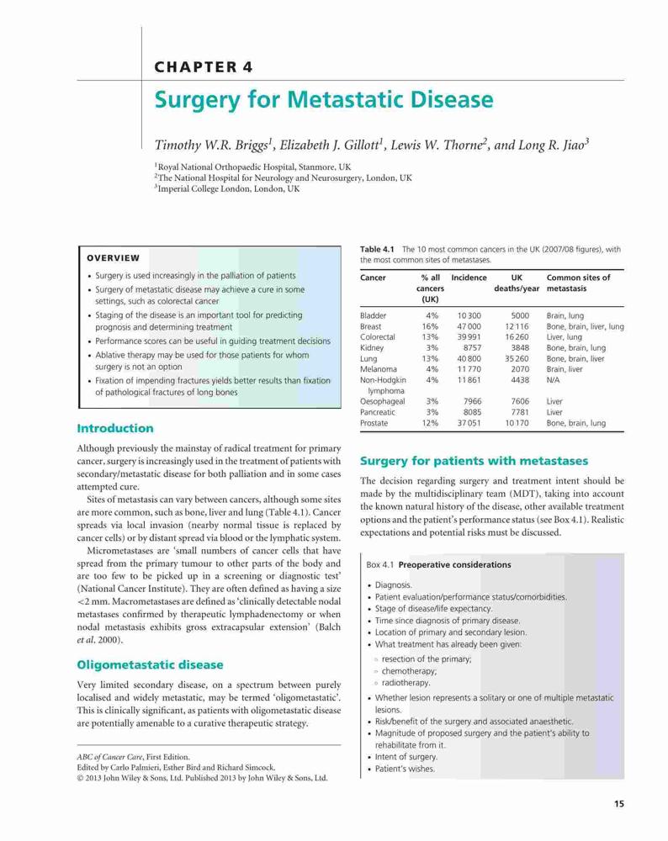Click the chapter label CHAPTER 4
[x=204, y=67]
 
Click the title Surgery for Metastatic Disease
[x=324, y=100]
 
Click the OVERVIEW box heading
[x=114, y=258]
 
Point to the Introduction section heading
[x=114, y=428]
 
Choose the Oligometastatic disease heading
[x=150, y=664]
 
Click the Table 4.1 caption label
[x=377, y=249]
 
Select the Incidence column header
[x=469, y=278]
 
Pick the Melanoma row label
[x=379, y=369]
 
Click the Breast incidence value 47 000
[x=469, y=326]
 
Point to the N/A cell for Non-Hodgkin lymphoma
[x=554, y=380]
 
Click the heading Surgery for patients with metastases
[x=474, y=461]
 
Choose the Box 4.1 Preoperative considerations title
[x=438, y=565]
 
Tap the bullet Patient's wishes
[x=405, y=769]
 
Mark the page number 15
[x=619, y=803]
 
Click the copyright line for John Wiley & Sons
[x=202, y=778]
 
